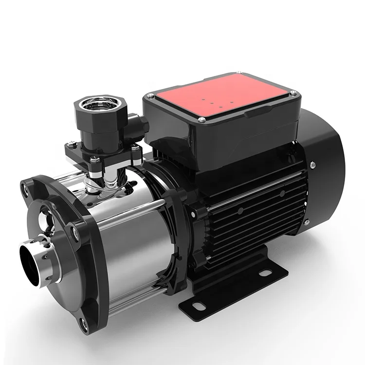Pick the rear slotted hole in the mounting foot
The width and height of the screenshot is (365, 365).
coord(265,273)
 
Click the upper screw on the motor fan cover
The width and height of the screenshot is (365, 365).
coord(311,166)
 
